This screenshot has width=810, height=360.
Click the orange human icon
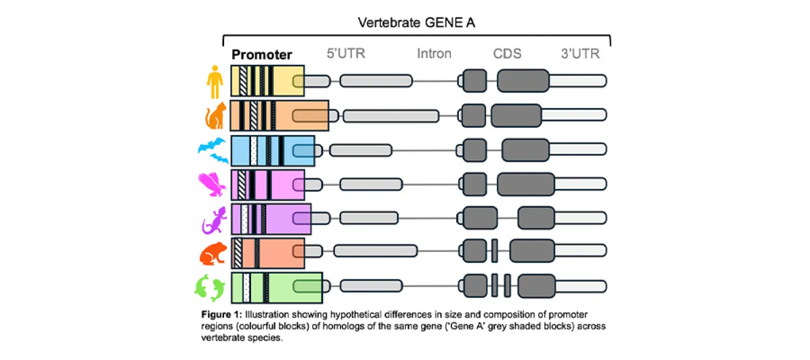[x=215, y=81]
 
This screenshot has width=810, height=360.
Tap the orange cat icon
[x=215, y=116]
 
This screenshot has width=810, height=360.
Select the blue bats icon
[x=212, y=151]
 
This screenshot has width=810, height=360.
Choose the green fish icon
[x=210, y=288]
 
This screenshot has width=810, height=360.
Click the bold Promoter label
[x=262, y=55]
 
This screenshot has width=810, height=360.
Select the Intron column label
[x=434, y=54]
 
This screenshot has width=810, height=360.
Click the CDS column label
[x=507, y=54]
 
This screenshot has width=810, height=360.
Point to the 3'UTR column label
[x=580, y=54]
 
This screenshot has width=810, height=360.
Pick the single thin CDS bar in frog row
[x=495, y=251]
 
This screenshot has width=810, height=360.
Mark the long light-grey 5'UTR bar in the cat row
[x=391, y=116]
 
